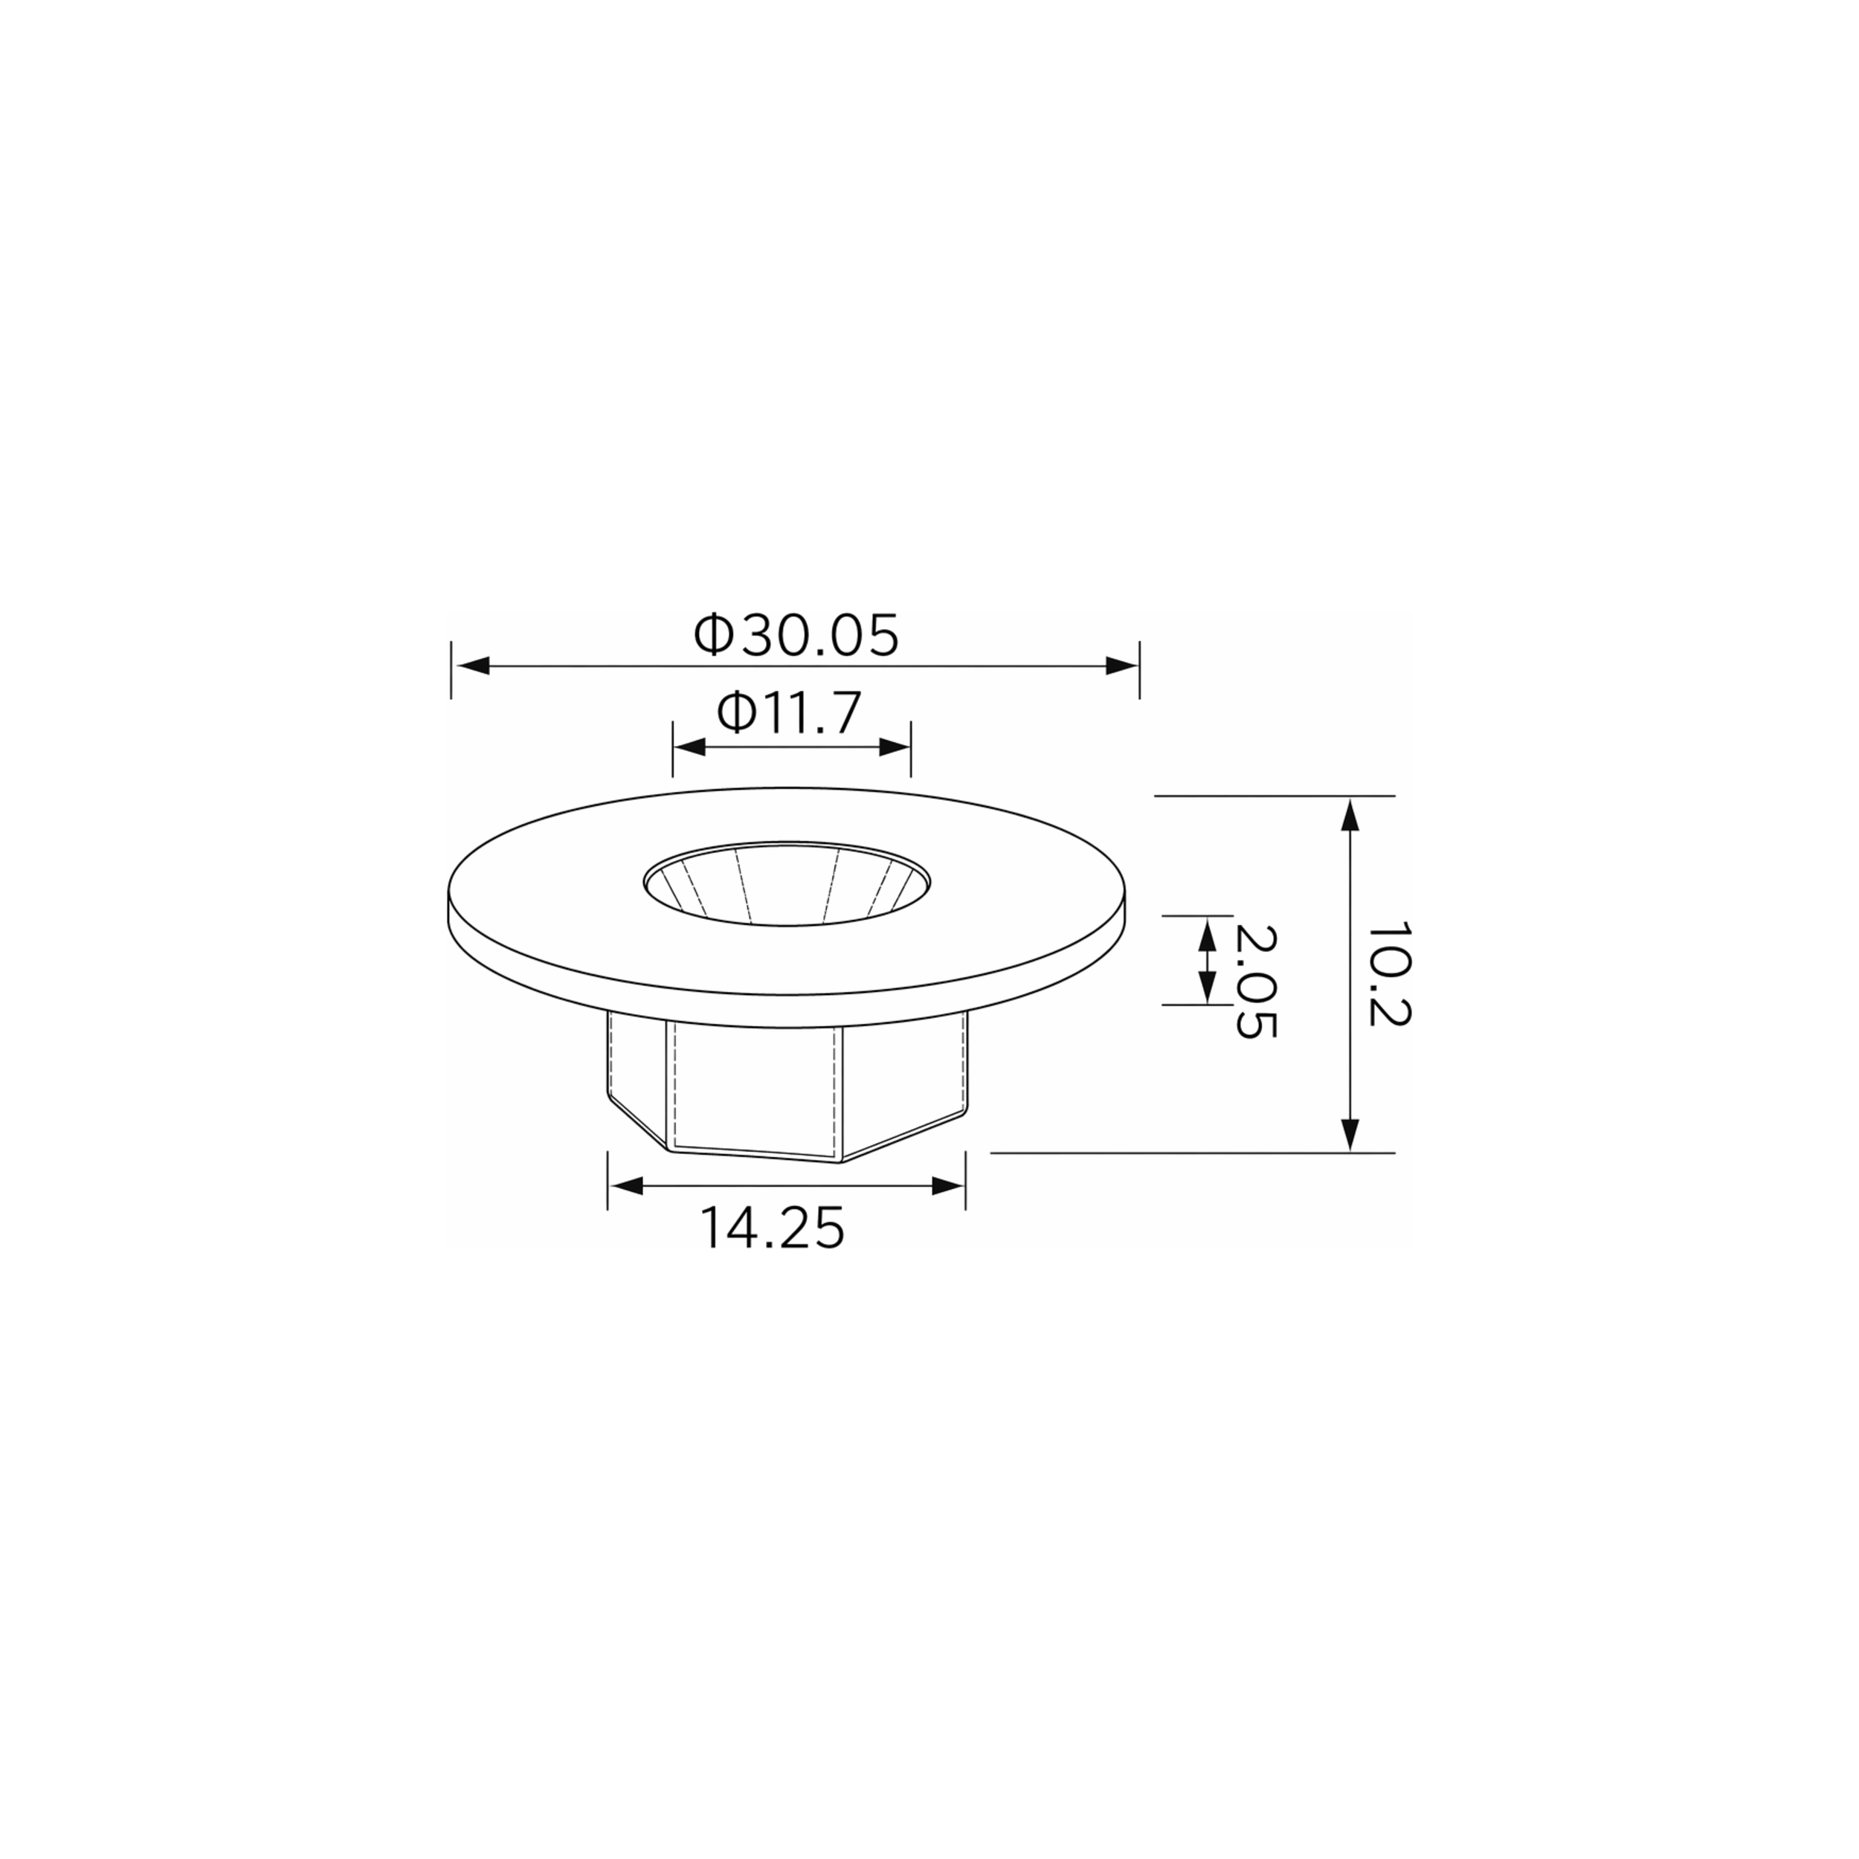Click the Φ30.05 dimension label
[796, 635]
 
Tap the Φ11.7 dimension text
[788, 713]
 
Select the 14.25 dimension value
[772, 1228]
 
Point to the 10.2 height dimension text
[1388, 975]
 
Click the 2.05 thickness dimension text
[1256, 982]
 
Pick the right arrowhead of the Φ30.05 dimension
[1121, 666]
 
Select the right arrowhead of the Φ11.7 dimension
[894, 747]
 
